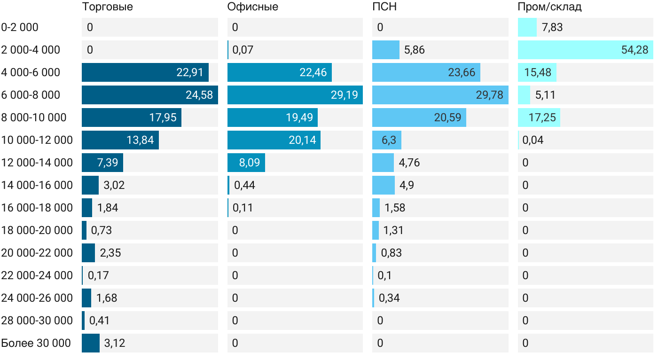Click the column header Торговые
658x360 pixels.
(x=107, y=7)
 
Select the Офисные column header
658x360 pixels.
(x=252, y=7)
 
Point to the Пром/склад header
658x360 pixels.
(x=549, y=7)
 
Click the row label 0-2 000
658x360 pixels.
(x=20, y=27)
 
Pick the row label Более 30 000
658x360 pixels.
(x=36, y=343)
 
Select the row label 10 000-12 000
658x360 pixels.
(x=37, y=140)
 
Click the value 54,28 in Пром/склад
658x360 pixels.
(x=634, y=50)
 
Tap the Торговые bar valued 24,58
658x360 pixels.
(x=149, y=95)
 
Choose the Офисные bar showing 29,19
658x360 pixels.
(x=295, y=95)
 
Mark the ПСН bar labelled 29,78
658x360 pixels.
(x=440, y=95)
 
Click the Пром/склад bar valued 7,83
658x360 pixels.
(x=527, y=27)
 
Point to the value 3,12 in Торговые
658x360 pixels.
(x=115, y=343)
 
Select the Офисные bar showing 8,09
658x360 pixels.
(x=246, y=163)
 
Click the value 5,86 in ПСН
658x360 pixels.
(x=414, y=50)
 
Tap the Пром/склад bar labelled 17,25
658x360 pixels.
(x=539, y=117)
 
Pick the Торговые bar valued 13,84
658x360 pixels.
(x=120, y=140)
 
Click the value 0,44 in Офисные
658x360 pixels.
(x=244, y=185)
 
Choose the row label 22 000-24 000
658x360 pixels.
(x=37, y=275)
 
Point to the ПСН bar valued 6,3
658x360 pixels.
(x=386, y=140)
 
